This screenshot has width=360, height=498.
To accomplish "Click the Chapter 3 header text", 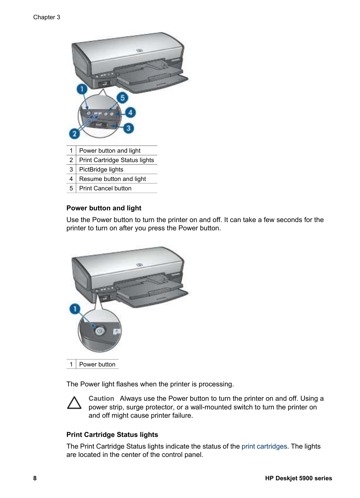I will pyautogui.click(x=46, y=17).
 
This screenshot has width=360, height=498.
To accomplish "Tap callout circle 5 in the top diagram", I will pyautogui.click(x=122, y=98).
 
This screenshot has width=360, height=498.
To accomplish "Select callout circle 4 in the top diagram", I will pyautogui.click(x=130, y=112).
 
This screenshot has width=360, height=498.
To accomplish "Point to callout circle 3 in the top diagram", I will pyautogui.click(x=128, y=128).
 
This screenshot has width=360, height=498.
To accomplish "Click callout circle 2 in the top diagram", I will pyautogui.click(x=74, y=133).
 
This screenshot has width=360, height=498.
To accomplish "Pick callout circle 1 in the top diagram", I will pyautogui.click(x=82, y=89).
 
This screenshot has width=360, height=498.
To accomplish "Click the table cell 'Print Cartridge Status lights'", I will pyautogui.click(x=116, y=160).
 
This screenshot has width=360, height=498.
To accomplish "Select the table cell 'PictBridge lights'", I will pyautogui.click(x=101, y=170).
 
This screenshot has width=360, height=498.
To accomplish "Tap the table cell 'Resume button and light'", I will pyautogui.click(x=112, y=179).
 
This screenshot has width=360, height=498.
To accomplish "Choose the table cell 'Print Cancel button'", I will pyautogui.click(x=105, y=188).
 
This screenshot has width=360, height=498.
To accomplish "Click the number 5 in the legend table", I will pyautogui.click(x=71, y=188).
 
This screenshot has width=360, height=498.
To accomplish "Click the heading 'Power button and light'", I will pyautogui.click(x=104, y=208).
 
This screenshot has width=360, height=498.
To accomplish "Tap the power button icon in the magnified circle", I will pyautogui.click(x=99, y=331).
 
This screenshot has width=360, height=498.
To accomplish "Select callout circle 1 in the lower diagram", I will pyautogui.click(x=75, y=309).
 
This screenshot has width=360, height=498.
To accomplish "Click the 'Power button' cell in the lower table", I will pyautogui.click(x=97, y=365).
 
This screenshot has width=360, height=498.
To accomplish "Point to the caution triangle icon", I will pyautogui.click(x=74, y=403).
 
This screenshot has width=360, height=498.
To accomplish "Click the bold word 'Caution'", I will pyautogui.click(x=101, y=398).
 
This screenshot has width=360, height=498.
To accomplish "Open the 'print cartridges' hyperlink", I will pyautogui.click(x=264, y=446).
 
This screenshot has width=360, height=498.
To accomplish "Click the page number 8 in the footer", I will pyautogui.click(x=35, y=478).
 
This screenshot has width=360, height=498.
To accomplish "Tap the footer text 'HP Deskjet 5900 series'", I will pyautogui.click(x=298, y=478).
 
